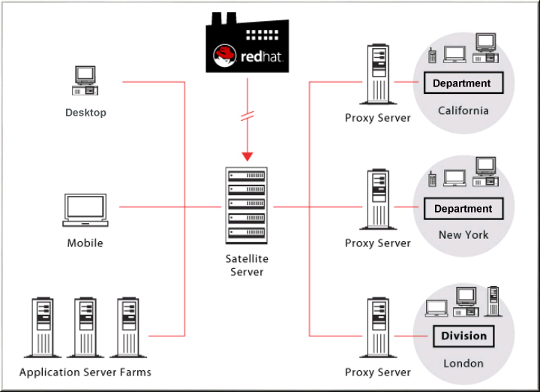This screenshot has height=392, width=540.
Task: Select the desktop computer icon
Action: [x=85, y=80]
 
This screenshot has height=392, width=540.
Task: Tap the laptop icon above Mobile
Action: [x=85, y=210]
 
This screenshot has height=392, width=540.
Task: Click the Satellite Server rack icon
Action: [x=247, y=204]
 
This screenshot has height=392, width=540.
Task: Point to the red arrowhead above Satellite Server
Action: [x=247, y=155]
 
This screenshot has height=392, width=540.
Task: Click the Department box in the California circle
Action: [x=463, y=83]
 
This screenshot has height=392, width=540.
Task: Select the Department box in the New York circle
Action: [x=463, y=209]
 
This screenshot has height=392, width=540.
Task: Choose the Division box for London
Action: [x=463, y=336]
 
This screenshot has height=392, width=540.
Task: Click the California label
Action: [x=463, y=110]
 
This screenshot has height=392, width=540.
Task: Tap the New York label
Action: [x=463, y=234]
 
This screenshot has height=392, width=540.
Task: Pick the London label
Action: [x=463, y=363]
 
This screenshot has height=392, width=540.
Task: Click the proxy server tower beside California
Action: [x=377, y=75]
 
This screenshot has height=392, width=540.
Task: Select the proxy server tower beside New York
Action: [x=377, y=199]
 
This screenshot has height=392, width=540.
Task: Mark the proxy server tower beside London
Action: [x=377, y=328]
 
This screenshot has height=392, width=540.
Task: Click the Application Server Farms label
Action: [x=85, y=372]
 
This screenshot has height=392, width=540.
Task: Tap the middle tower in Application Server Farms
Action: [x=85, y=327]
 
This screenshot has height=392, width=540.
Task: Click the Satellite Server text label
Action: [x=247, y=265]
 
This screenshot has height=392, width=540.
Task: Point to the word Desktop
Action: [x=85, y=113]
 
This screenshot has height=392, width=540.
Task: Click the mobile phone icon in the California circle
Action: [x=432, y=55]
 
